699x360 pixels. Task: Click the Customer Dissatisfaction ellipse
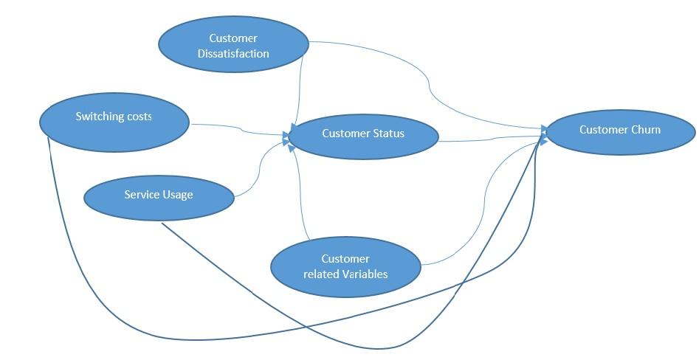tap(233, 44)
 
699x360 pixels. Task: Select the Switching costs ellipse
tap(114, 122)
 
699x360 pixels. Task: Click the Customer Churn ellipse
tap(620, 131)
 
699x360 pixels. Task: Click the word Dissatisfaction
tap(233, 53)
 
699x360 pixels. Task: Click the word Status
tap(388, 134)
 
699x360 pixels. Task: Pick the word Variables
tap(365, 274)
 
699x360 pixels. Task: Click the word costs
tap(138, 117)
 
